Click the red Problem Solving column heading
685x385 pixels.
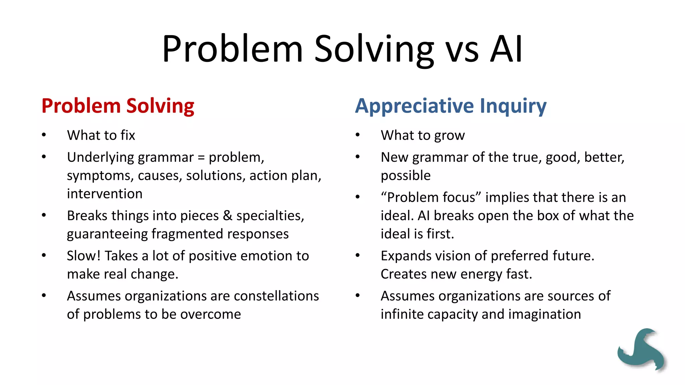(118, 106)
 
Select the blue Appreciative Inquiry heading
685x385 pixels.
(451, 106)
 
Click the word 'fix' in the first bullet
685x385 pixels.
(128, 135)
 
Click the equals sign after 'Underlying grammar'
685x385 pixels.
(201, 157)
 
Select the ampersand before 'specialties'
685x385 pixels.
(227, 216)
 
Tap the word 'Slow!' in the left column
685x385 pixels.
(84, 256)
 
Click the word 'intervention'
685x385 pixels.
(105, 194)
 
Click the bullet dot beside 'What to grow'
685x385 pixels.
(358, 135)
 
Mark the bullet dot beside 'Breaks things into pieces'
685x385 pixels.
(44, 215)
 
